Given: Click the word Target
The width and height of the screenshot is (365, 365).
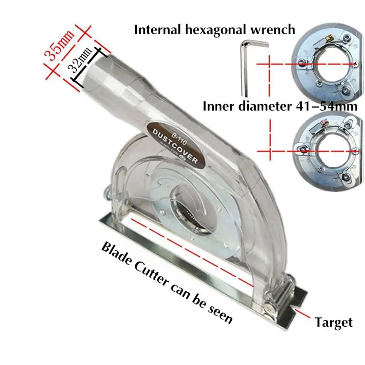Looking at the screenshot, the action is coord(334,322).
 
